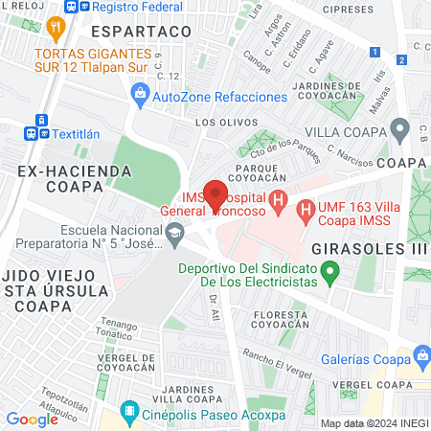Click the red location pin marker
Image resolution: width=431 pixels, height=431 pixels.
[215, 194]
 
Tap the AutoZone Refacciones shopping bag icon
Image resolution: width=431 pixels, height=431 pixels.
[141, 95]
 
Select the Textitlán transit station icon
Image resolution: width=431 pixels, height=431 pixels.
[41, 134]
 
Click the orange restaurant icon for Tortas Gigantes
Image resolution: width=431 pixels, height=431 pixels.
[58, 30]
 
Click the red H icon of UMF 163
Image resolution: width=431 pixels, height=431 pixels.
[306, 207]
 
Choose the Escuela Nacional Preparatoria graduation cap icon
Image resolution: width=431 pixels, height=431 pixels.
[174, 232]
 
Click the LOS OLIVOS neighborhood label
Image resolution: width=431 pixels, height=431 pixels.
[220, 123]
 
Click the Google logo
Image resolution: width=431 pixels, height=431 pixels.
[33, 419]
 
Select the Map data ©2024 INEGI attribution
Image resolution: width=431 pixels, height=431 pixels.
[374, 423]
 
